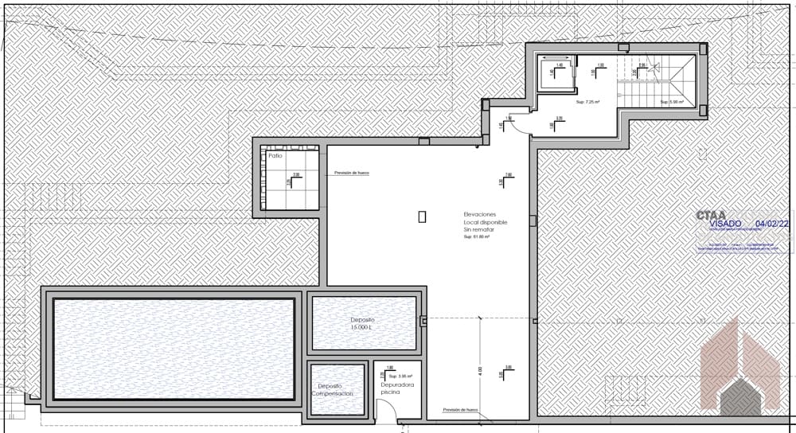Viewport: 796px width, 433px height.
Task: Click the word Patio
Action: (275, 156)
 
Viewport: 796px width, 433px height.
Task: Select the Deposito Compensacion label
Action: (331, 389)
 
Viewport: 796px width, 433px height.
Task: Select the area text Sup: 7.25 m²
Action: (587, 103)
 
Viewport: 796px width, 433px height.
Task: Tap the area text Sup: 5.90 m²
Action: (672, 102)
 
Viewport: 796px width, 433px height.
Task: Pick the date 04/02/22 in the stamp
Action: (771, 224)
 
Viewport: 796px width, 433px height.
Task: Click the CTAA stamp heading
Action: (710, 215)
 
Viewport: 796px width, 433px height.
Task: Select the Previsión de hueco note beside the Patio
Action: (352, 172)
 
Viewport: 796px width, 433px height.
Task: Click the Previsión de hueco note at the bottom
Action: (461, 410)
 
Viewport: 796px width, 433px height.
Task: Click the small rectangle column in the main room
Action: (422, 216)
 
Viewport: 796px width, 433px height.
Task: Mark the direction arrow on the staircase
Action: (654, 68)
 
